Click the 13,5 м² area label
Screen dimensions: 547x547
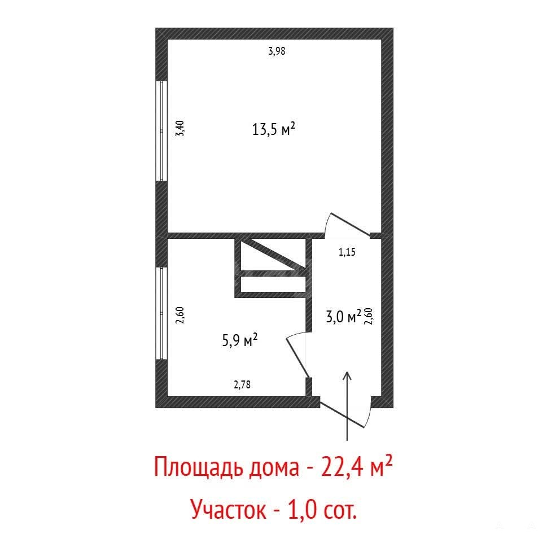[x=273, y=129]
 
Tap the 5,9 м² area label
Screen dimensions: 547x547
[x=240, y=340]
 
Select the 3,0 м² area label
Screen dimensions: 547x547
[x=343, y=317]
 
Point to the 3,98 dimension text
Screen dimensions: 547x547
[x=277, y=51]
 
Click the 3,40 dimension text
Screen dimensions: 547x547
[x=180, y=128]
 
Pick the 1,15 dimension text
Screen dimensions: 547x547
[x=347, y=252]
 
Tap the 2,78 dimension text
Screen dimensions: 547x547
[x=242, y=384]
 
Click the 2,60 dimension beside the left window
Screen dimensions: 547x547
[x=180, y=315]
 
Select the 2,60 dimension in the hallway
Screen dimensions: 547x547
[x=369, y=317]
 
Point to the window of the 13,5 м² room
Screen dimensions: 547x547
[x=161, y=131]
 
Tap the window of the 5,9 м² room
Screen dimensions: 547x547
[x=161, y=313]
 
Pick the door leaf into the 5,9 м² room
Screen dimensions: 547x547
[x=298, y=357]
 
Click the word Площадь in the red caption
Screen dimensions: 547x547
[x=198, y=467]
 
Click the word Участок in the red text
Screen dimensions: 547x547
[x=229, y=510]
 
